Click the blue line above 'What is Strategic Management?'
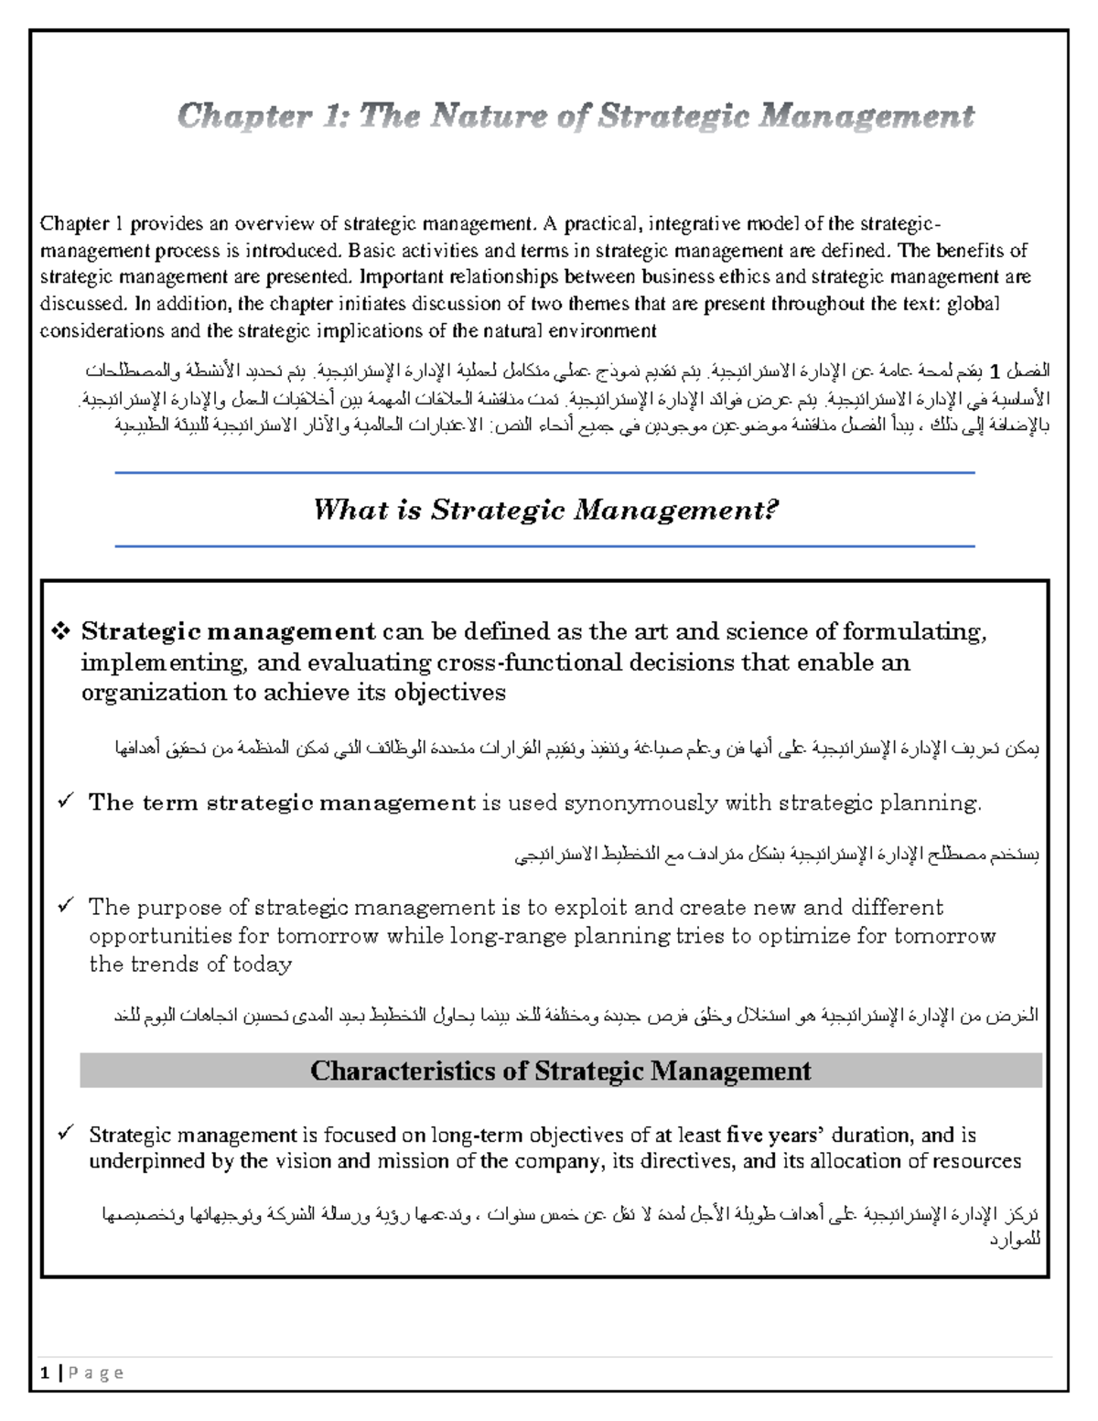544,473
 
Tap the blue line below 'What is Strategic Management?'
544,546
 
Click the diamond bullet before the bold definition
62,631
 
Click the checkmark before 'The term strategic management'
66,802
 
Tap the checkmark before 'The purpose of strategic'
66,906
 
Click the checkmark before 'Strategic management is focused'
66,1134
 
